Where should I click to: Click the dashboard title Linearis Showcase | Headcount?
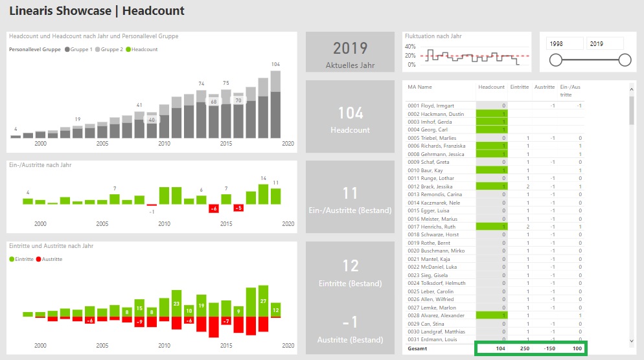tap(97, 11)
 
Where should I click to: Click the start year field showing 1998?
tap(564, 44)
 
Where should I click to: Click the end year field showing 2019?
tap(604, 44)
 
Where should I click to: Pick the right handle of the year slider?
tap(625, 60)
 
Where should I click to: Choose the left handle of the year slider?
tap(555, 60)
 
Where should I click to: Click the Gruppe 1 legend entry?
tap(78, 49)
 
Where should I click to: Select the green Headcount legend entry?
tap(142, 49)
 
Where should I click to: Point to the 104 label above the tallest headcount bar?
tap(276, 64)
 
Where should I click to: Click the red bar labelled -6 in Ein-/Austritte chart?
tap(214, 208)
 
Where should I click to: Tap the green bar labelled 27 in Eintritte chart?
tap(262, 302)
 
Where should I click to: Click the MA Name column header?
tap(420, 87)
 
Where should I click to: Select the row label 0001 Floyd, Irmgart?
tap(431, 106)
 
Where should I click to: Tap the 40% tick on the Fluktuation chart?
tap(409, 47)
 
